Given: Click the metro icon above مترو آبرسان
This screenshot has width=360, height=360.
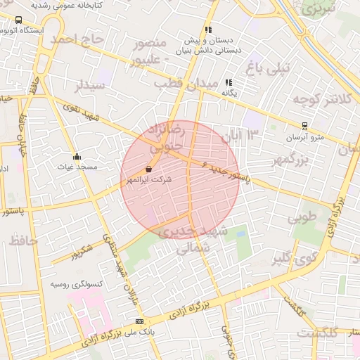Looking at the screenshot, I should coord(304,127).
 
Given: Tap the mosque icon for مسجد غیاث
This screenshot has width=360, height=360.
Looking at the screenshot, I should coord(76,156).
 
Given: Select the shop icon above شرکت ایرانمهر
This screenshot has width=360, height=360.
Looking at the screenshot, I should coord(148,169).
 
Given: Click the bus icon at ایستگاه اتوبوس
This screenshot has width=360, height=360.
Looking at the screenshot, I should coord(18,20).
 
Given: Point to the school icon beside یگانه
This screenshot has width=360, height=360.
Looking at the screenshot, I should coord(228,82).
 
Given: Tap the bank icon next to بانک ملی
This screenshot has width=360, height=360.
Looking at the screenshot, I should coord(139,322).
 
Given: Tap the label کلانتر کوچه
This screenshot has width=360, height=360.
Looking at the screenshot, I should coord(320,99).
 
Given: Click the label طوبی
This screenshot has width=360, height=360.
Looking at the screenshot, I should coord(303,217).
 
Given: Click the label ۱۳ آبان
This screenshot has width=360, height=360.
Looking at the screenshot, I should coord(240,134).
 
